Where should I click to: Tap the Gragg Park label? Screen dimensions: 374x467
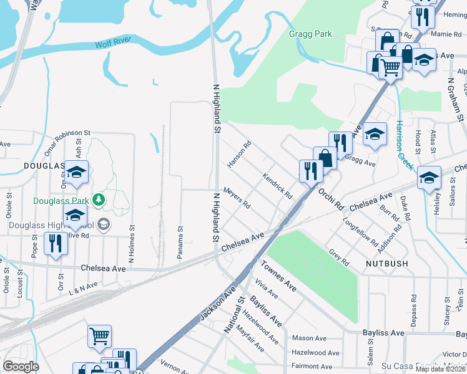(x=310, y=34)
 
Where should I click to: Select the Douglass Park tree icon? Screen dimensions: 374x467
(x=98, y=199)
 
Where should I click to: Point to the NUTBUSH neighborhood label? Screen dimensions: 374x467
(x=386, y=264)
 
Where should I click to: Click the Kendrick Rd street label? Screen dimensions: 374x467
(x=277, y=186)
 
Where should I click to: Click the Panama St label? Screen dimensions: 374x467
(x=180, y=236)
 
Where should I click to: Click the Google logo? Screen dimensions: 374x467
(x=21, y=367)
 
